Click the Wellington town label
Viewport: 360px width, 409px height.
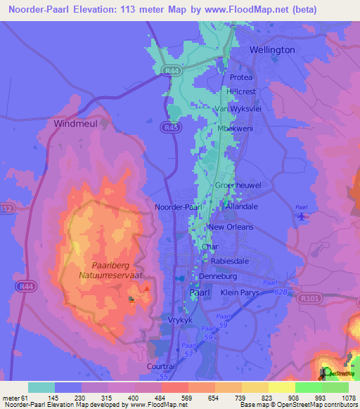click(x=272, y=50)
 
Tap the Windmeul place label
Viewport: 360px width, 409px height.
click(x=74, y=123)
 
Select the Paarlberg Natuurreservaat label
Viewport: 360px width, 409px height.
click(x=117, y=271)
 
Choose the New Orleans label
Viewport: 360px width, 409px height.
click(x=231, y=228)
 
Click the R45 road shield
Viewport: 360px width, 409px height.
click(x=168, y=128)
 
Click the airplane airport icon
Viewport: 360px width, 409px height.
click(x=302, y=216)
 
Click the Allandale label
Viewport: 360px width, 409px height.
click(x=243, y=207)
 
